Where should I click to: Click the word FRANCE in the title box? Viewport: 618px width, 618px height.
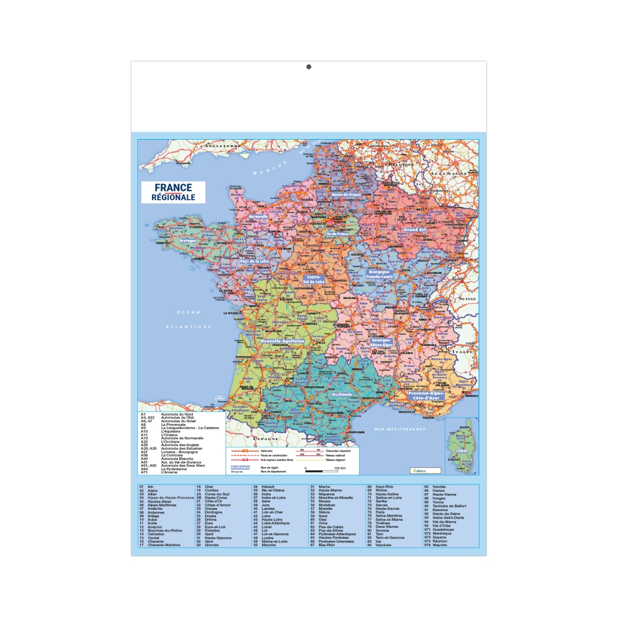pos(173,187)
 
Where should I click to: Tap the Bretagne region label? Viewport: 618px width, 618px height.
pos(187,240)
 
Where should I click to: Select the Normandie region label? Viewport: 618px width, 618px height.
pos(258,217)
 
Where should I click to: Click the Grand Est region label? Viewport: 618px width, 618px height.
pos(415,229)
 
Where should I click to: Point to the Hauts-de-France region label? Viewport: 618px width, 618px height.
pos(346,195)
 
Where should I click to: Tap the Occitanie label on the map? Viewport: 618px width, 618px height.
pos(341,394)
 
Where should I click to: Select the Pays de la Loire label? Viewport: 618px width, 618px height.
pos(255,261)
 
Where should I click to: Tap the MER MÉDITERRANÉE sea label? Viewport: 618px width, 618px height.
pos(400,429)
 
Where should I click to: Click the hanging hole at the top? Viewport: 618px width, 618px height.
pos(309,67)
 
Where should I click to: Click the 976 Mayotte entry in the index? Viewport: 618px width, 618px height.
pos(436,545)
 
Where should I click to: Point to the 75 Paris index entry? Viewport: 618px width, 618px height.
pos(376,512)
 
